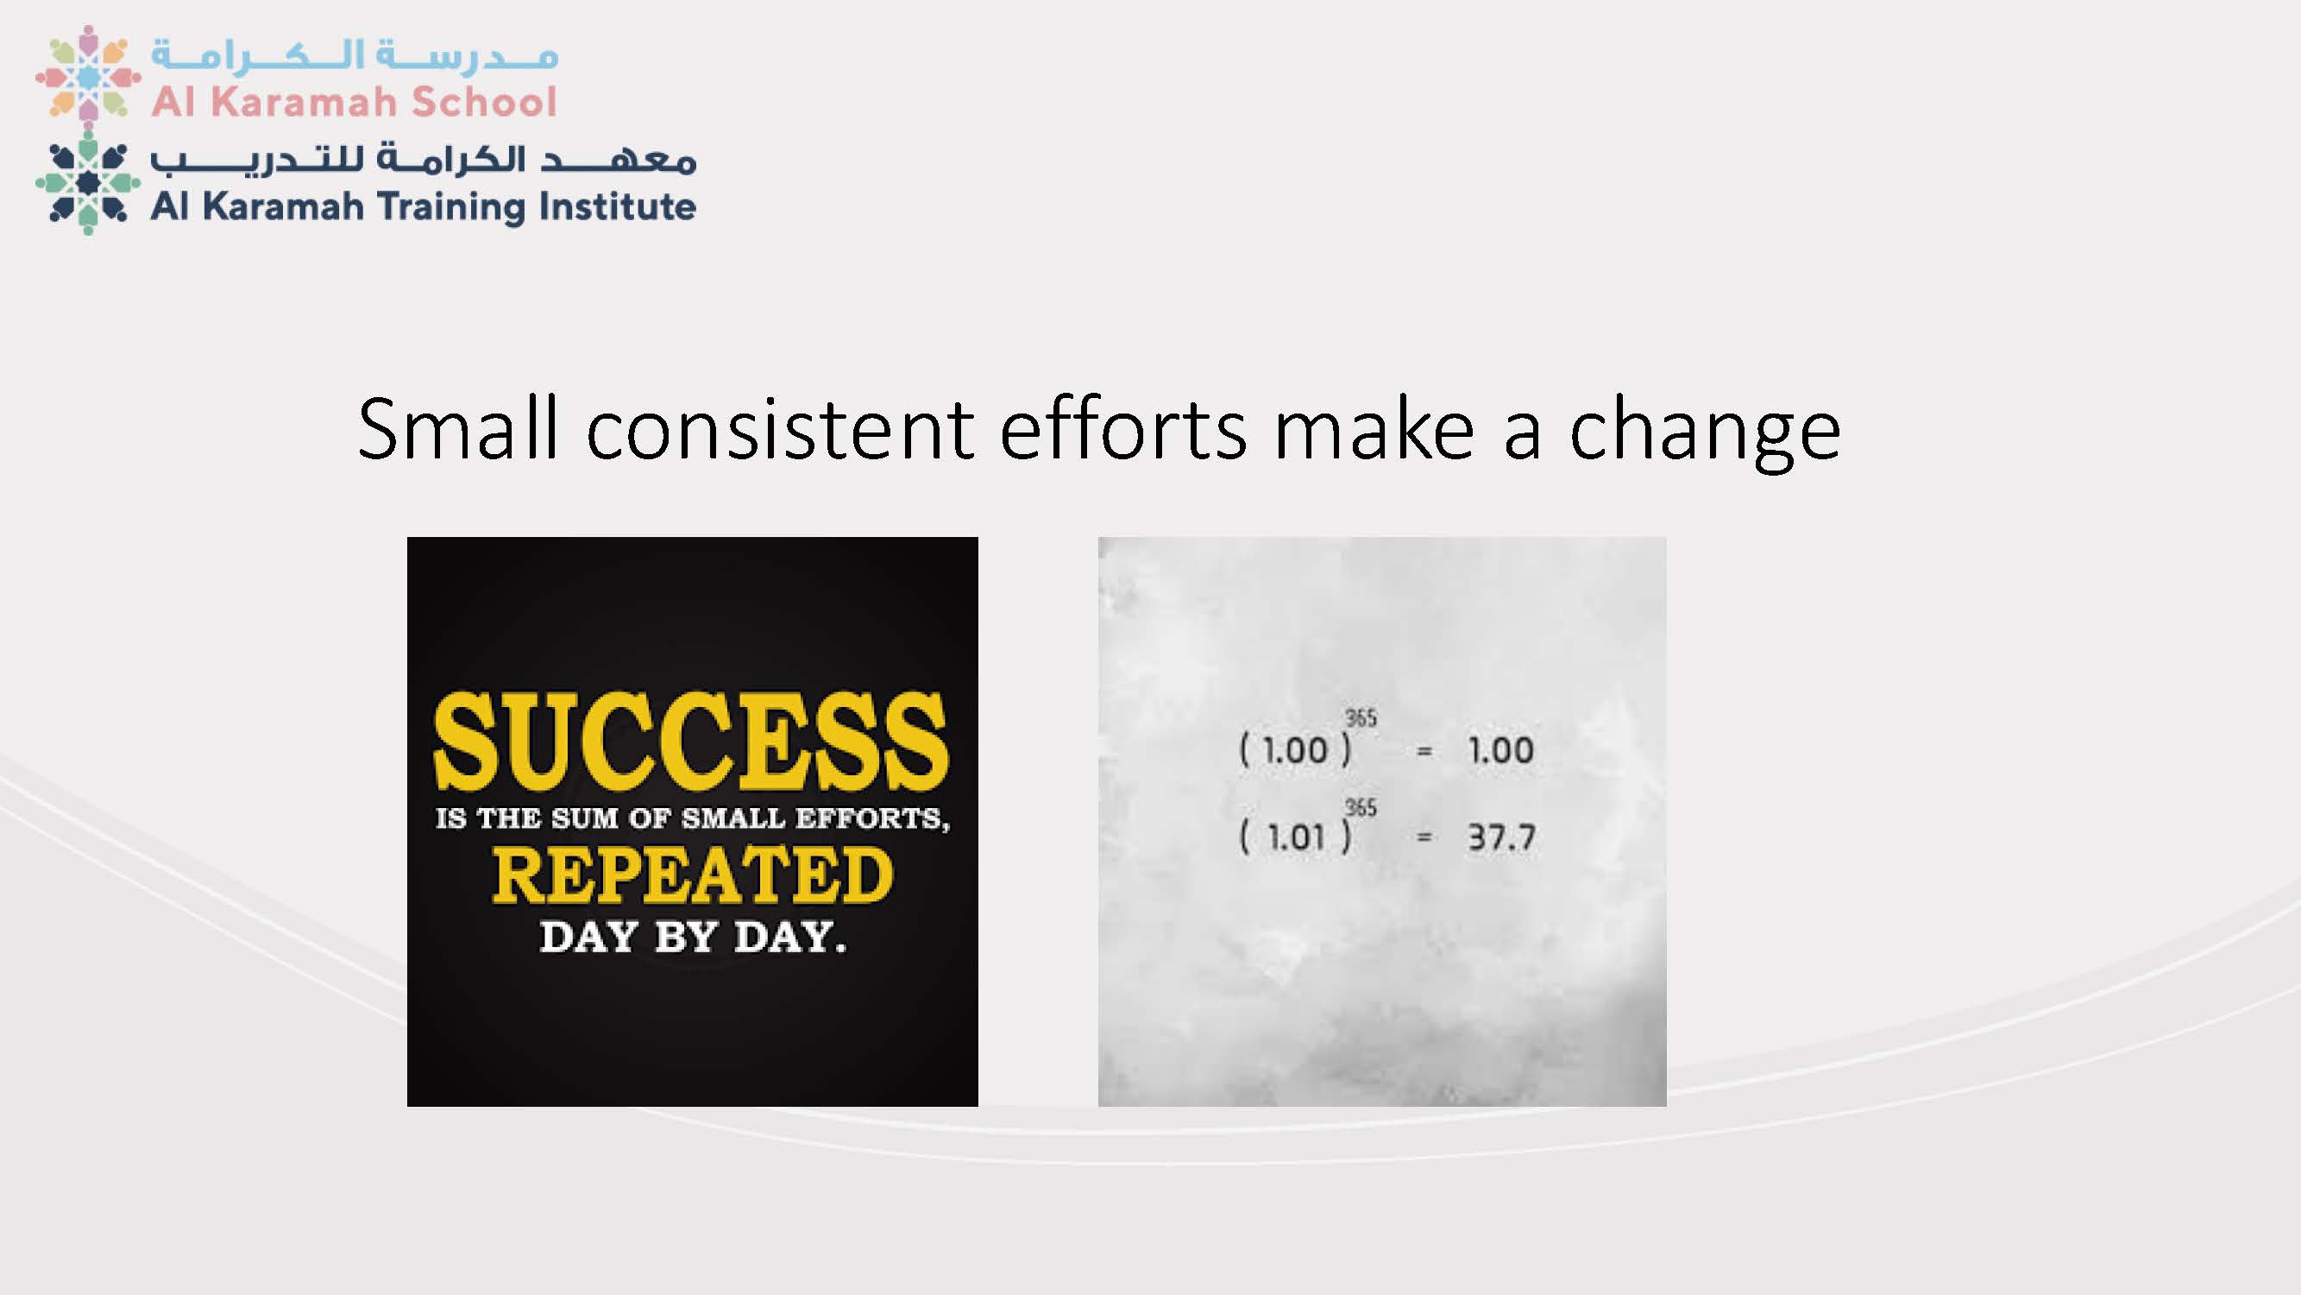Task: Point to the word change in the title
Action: click(1705, 433)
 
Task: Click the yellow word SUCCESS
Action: click(691, 741)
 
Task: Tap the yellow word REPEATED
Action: click(692, 874)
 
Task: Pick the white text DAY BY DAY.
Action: click(692, 937)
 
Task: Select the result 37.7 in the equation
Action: click(1501, 837)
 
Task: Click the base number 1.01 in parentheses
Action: click(1296, 838)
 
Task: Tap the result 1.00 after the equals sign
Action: click(1500, 750)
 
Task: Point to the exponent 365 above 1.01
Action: click(1361, 807)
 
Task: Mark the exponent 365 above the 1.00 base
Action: click(1361, 717)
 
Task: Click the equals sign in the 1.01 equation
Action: click(1424, 838)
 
